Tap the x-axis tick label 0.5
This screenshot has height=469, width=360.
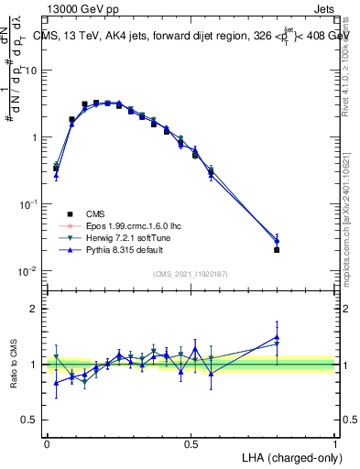click(x=191, y=442)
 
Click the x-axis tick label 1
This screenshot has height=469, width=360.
click(x=335, y=442)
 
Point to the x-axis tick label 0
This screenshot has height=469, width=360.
click(x=47, y=442)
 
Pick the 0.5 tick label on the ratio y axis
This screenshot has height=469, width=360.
click(x=31, y=420)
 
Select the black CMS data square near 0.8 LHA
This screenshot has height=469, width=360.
click(x=277, y=249)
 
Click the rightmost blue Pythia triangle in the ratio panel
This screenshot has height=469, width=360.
click(x=277, y=337)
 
